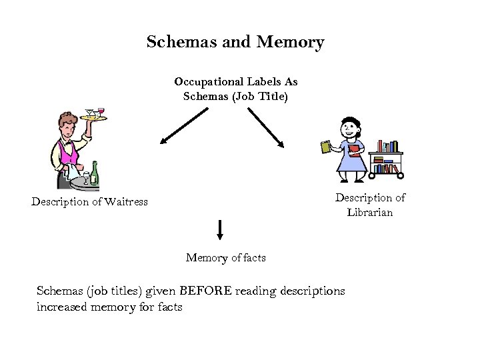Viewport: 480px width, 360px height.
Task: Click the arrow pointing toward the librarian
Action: point(266,127)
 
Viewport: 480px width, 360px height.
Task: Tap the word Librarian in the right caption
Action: point(369,212)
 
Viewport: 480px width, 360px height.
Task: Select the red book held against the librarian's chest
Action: point(354,150)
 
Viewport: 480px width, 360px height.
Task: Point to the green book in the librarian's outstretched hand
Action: point(326,147)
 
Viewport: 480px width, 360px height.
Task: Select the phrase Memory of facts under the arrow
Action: point(225,257)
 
